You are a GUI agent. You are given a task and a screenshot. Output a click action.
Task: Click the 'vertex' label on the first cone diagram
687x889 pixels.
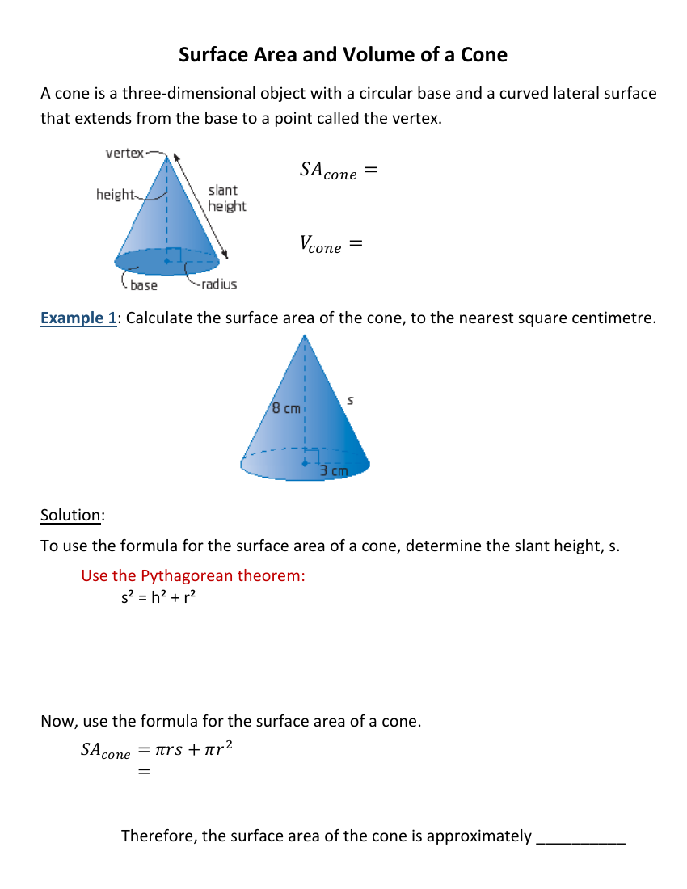tap(124, 152)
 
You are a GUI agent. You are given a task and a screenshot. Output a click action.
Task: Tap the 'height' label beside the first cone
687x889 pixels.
tap(115, 194)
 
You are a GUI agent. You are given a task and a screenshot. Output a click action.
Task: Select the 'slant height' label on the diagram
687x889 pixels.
tap(226, 198)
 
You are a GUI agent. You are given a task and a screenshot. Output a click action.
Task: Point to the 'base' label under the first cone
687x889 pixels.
tap(144, 285)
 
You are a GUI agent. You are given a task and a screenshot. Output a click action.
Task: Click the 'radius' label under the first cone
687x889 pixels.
tap(219, 284)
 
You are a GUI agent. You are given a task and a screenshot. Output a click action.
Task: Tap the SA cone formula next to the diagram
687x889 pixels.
tap(338, 171)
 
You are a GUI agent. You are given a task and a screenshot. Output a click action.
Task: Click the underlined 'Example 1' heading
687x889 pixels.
tap(78, 318)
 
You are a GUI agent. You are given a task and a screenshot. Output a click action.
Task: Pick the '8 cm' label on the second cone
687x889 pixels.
tap(286, 408)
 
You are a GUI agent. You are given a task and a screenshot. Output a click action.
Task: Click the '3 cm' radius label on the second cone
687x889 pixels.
tap(333, 470)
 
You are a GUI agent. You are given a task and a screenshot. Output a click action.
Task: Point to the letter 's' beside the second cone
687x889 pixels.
tap(350, 399)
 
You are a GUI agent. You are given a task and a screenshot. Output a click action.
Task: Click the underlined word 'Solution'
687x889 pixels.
tap(71, 516)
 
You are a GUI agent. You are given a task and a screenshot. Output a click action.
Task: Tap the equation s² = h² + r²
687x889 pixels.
tap(158, 598)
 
